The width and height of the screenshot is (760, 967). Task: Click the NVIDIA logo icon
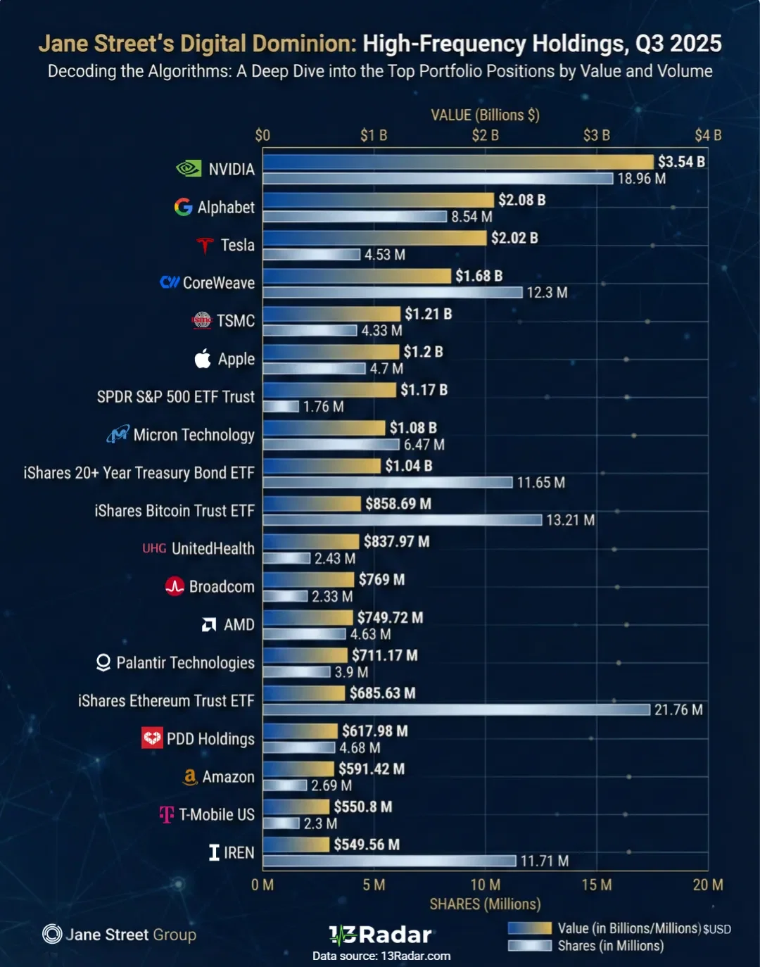point(189,169)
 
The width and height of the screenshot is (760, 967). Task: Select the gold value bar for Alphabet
point(379,200)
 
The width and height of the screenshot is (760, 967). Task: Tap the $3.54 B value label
point(680,162)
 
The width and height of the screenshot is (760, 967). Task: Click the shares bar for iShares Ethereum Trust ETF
point(456,710)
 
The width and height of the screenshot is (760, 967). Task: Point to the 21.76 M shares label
point(678,710)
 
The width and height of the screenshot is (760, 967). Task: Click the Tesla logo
point(205,245)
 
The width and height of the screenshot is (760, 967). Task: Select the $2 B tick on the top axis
point(485,135)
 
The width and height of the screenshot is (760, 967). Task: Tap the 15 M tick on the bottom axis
point(596,885)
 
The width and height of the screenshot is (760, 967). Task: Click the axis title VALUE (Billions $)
point(485,115)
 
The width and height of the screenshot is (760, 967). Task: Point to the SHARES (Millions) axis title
point(485,904)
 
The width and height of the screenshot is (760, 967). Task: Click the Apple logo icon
point(203,359)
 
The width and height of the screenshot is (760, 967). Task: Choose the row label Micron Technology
point(194,435)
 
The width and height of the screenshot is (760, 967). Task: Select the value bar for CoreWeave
point(357,276)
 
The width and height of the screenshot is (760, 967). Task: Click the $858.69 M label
point(398,504)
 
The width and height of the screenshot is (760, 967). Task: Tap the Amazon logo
point(189,776)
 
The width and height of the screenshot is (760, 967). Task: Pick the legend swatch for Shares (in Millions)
point(529,946)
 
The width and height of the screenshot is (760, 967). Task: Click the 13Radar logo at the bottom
point(380,935)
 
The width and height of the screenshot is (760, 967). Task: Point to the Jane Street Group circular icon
point(52,934)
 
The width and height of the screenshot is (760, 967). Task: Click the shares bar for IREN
point(389,861)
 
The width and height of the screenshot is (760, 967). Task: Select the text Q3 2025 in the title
point(678,44)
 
